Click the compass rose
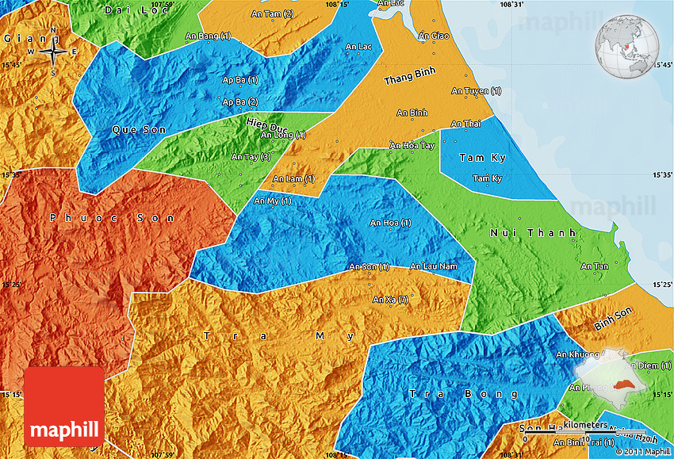coord(52,52)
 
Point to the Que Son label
coord(134,128)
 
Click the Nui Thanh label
coord(518,232)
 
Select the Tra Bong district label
coord(465,394)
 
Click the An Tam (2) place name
coord(272,14)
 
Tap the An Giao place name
coord(434,36)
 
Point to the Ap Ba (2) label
coord(240,101)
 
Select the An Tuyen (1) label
coord(476,91)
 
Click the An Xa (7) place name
coord(391,299)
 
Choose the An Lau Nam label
coord(433,266)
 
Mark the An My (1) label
coord(272,201)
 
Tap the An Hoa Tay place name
coord(412,146)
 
